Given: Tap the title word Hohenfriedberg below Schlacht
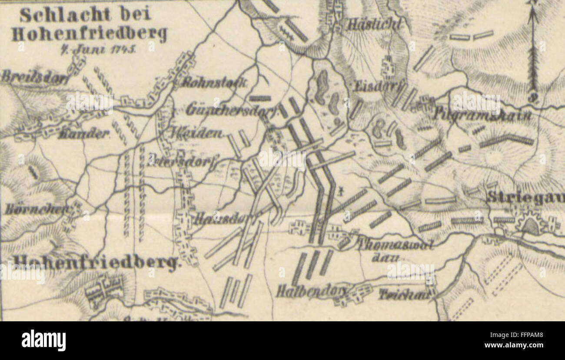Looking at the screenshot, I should [89, 33].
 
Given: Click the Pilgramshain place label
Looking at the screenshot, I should [482, 116].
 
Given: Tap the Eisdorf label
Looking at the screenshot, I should [376, 86].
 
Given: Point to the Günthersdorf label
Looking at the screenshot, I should [231, 111].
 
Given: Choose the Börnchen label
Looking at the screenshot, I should [37, 209].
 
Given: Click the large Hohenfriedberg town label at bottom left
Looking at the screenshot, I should [96, 262].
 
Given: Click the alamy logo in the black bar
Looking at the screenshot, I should [43, 340].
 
